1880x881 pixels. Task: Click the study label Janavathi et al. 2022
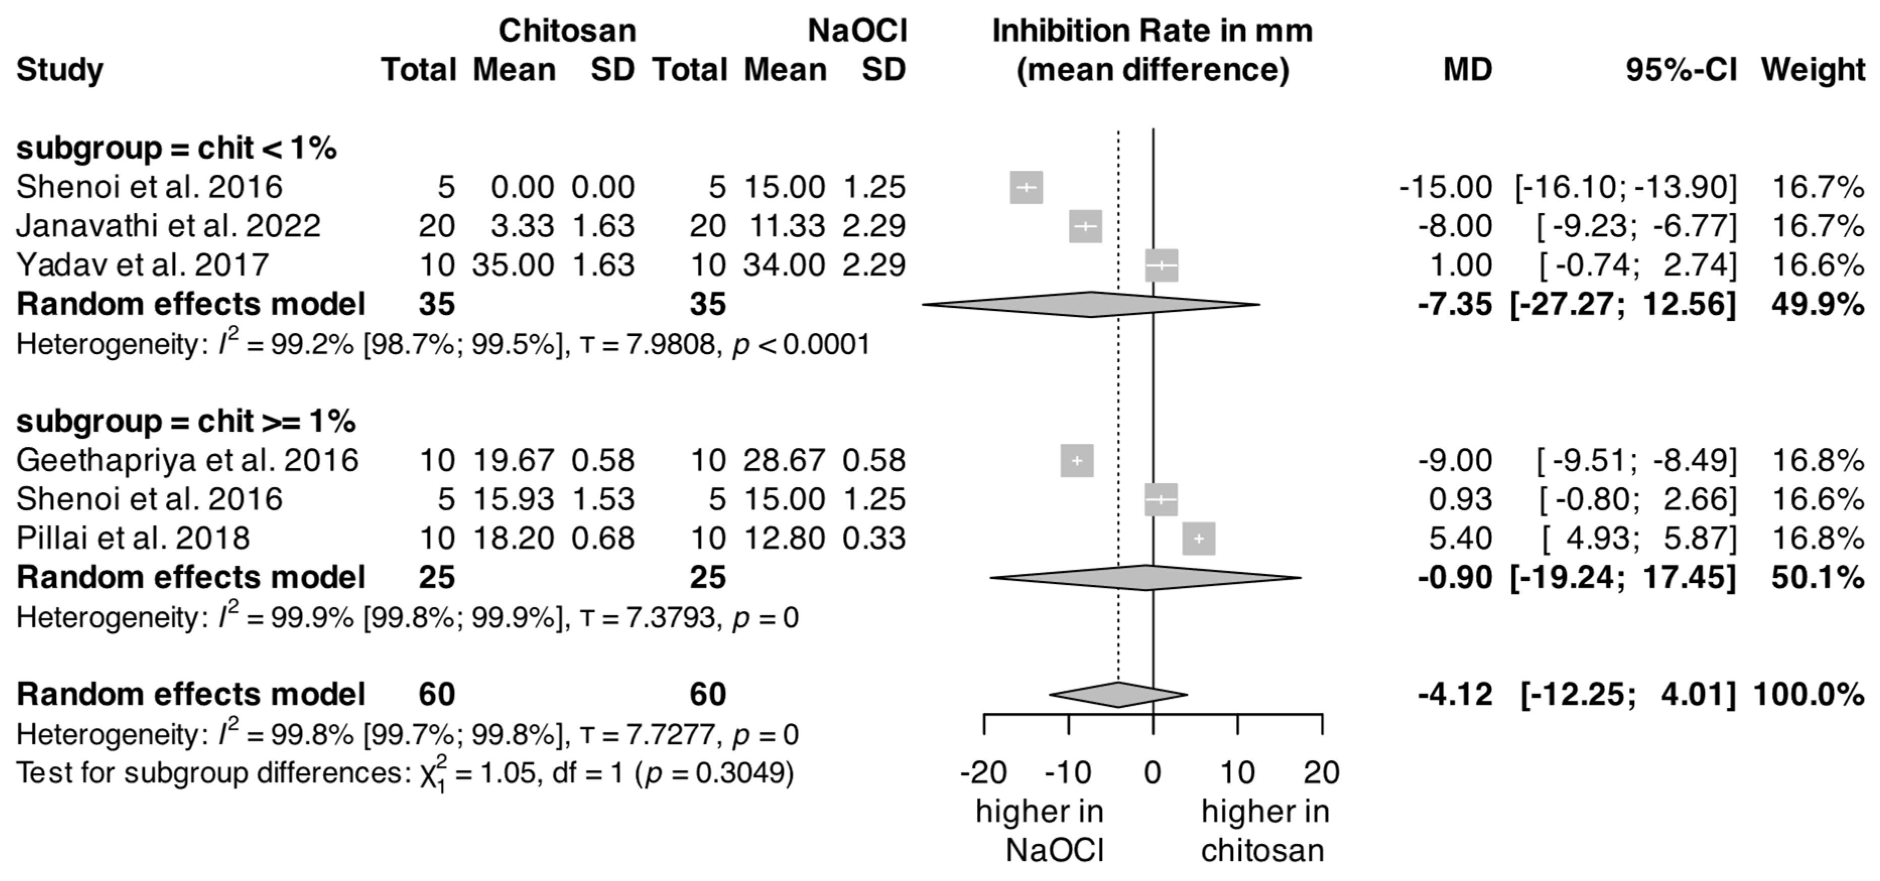pyautogui.click(x=169, y=226)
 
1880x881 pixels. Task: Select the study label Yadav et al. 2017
pyautogui.click(x=143, y=265)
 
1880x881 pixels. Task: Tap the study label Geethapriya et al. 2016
pyautogui.click(x=187, y=460)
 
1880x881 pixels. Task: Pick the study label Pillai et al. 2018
pyautogui.click(x=133, y=538)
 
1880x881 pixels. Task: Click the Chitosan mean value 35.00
pyautogui.click(x=513, y=265)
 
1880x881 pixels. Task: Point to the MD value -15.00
pyautogui.click(x=1446, y=187)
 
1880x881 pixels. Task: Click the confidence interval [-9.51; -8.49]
pyautogui.click(x=1637, y=460)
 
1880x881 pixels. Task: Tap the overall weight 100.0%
pyautogui.click(x=1808, y=694)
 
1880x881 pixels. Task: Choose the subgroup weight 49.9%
pyautogui.click(x=1818, y=304)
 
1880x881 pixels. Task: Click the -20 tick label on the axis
pyautogui.click(x=984, y=772)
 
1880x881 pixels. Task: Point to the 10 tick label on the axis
pyautogui.click(x=1238, y=772)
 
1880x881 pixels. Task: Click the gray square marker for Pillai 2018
pyautogui.click(x=1199, y=538)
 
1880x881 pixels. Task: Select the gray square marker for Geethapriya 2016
pyautogui.click(x=1077, y=460)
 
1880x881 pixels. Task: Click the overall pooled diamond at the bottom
pyautogui.click(x=1118, y=694)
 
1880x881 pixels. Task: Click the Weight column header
pyautogui.click(x=1814, y=70)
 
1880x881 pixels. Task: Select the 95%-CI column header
pyautogui.click(x=1682, y=70)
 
